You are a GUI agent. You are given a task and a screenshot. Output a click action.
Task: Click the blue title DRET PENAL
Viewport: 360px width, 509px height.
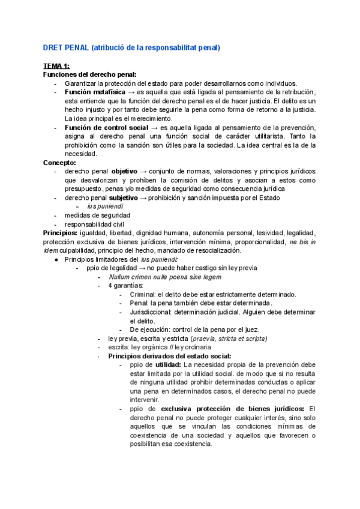coord(65,47)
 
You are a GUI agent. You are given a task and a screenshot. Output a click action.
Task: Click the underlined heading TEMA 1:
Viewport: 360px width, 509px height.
coord(56,65)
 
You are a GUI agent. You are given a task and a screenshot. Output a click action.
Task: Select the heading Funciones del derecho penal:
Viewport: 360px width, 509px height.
coord(89,74)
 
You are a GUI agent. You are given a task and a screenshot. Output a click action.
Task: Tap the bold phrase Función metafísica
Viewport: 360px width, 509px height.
coord(92,92)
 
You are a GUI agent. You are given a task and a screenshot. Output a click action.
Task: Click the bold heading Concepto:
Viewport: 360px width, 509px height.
coord(59,163)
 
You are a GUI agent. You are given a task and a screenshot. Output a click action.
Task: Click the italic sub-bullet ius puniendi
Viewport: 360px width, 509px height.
coord(106,206)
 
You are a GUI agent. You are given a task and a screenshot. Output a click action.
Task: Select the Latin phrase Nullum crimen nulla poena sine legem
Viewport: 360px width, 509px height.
coord(164,277)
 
